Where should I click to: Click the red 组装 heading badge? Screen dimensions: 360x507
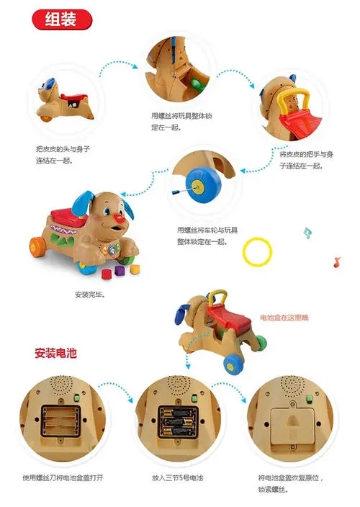click(62, 19)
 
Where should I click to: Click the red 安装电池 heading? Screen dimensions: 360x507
click(55, 353)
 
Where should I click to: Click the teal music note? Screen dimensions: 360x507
click(307, 233)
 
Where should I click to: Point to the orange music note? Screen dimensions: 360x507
click(337, 262)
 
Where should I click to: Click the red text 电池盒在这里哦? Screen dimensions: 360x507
click(284, 318)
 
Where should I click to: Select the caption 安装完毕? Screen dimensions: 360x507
click(90, 295)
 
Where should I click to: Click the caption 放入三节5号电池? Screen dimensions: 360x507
click(177, 477)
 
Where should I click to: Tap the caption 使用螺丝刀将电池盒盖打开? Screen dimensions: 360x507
click(63, 477)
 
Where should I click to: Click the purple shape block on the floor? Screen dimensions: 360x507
click(120, 270)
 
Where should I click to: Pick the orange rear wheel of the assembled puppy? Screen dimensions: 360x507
click(36, 247)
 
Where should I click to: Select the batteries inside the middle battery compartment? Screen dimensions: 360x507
click(177, 421)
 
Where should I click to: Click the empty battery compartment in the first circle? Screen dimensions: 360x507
click(60, 421)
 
